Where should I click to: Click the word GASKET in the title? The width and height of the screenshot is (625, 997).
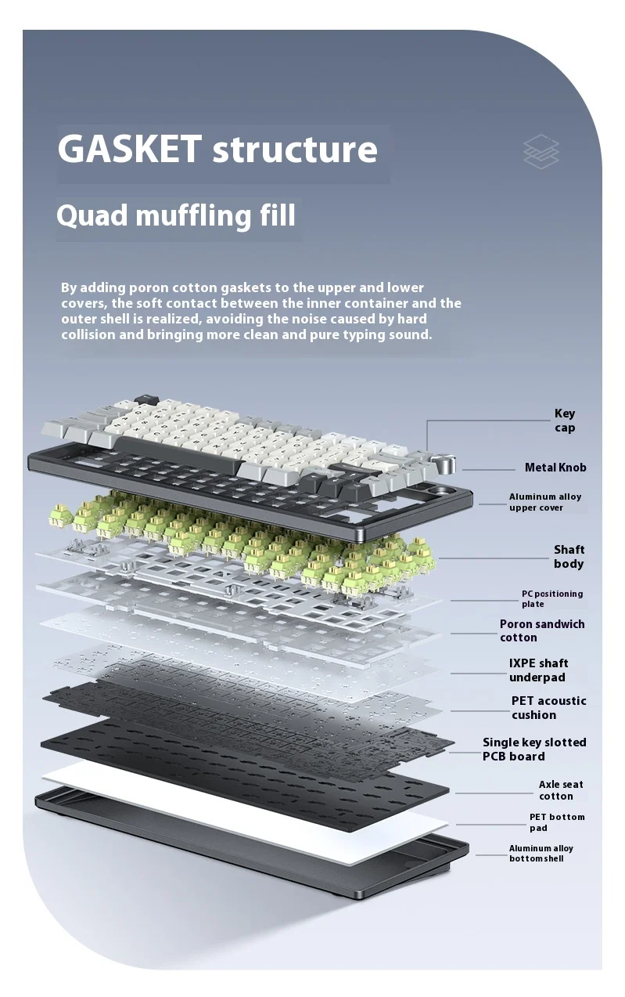click(x=129, y=149)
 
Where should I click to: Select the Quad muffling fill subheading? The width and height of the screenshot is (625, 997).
click(x=176, y=215)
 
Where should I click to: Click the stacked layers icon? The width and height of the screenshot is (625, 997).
click(x=541, y=152)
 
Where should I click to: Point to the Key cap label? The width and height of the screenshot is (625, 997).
click(x=565, y=421)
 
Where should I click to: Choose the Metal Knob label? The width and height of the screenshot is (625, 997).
click(x=555, y=468)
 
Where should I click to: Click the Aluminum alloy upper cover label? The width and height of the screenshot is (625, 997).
click(x=545, y=502)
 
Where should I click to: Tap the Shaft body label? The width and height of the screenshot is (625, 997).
click(x=569, y=557)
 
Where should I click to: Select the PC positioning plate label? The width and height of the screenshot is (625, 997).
click(x=552, y=599)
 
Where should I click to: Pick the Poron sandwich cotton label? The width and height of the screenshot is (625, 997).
click(x=542, y=630)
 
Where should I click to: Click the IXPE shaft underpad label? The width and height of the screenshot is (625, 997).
click(x=538, y=670)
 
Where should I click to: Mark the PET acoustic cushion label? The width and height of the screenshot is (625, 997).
click(x=548, y=708)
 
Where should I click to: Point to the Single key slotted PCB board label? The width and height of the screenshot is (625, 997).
click(x=533, y=750)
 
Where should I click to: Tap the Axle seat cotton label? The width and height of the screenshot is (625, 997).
click(x=560, y=790)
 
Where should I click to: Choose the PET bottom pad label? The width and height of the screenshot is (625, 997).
click(x=556, y=822)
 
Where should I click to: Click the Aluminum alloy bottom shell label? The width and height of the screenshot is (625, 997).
click(x=541, y=854)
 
